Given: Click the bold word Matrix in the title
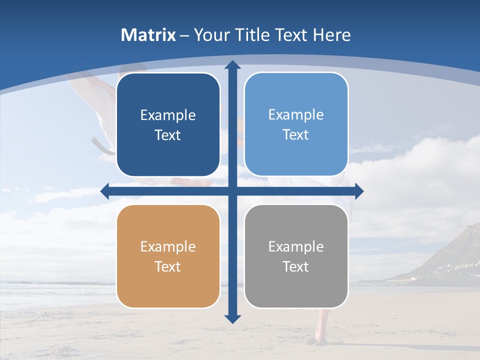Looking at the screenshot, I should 148,35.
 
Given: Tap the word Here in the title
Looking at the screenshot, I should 331,35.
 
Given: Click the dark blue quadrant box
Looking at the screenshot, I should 168,125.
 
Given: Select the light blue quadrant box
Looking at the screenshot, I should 296,124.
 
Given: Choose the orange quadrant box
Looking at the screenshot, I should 168,256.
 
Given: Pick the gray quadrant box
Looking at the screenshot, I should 296,256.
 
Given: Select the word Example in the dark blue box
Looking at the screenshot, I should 168,115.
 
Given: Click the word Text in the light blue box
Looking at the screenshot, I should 296,135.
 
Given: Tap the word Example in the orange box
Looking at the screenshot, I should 168,247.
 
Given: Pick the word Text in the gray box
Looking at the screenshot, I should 296,267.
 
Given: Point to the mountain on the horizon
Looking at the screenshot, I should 450,255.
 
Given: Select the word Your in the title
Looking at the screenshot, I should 209,35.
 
